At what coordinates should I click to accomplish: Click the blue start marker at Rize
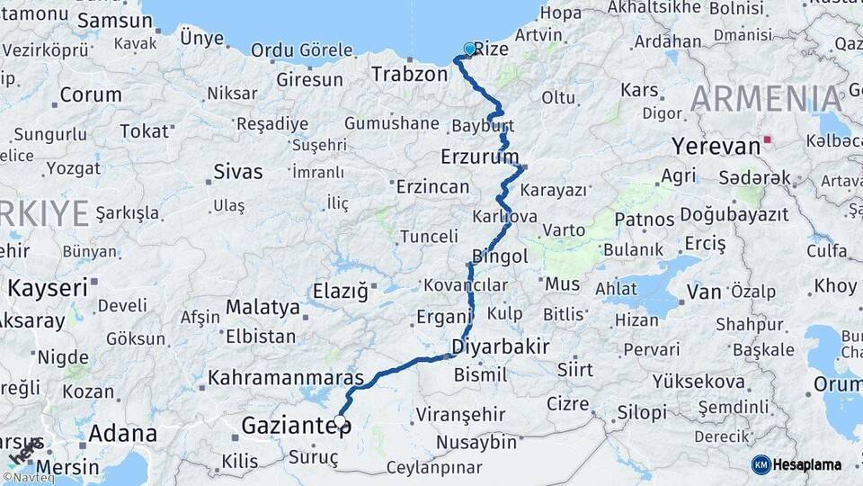tap(469, 49)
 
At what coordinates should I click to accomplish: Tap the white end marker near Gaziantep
tap(341, 423)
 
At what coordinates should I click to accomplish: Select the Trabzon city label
tap(409, 74)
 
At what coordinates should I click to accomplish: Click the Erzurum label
tap(480, 157)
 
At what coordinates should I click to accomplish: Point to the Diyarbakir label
tap(501, 346)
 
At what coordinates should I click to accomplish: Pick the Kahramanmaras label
tap(286, 378)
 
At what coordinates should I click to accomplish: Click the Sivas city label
tap(238, 172)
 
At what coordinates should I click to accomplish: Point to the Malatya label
tap(262, 307)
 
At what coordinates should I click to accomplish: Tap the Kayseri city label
tap(49, 288)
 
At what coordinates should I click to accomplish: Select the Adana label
tap(123, 433)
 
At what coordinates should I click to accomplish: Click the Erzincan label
tap(433, 187)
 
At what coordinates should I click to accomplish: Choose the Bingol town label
tap(500, 256)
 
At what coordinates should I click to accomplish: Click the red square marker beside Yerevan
tap(767, 141)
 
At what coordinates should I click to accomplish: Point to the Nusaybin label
tap(476, 443)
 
